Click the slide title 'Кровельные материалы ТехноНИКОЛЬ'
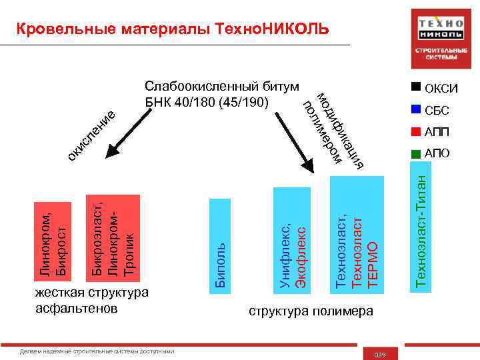[x=172, y=29]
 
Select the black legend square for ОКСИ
[x=417, y=87]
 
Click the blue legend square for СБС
[x=417, y=110]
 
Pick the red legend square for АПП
[x=417, y=131]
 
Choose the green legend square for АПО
[x=417, y=153]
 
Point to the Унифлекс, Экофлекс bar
[x=291, y=240]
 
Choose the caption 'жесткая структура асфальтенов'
[x=91, y=301]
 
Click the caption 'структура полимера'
[x=306, y=311]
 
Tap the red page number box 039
[x=380, y=353]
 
